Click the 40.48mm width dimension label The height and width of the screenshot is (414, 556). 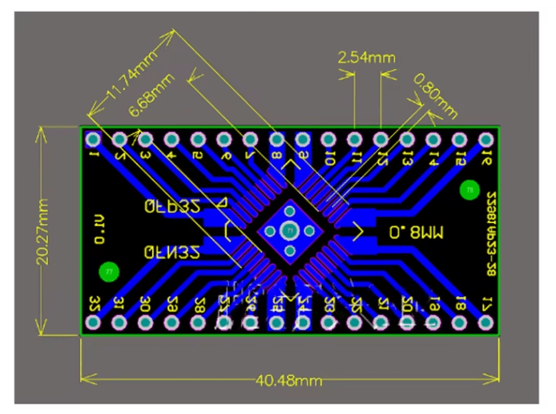coord(288,379)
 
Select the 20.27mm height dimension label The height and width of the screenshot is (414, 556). coord(44,231)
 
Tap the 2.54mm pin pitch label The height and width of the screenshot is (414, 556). coord(366,58)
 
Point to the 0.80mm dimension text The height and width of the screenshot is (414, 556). coord(436,93)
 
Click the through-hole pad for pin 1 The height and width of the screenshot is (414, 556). coord(93,139)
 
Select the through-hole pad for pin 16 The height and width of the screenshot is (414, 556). coord(485,139)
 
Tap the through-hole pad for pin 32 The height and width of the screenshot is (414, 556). coord(93,322)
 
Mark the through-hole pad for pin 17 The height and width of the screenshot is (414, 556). coord(485,322)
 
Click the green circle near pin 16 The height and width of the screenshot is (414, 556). coord(469,190)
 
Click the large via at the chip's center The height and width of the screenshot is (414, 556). coord(289,231)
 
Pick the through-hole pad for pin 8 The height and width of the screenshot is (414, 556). coord(276,139)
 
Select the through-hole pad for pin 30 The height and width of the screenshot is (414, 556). coord(145,322)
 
